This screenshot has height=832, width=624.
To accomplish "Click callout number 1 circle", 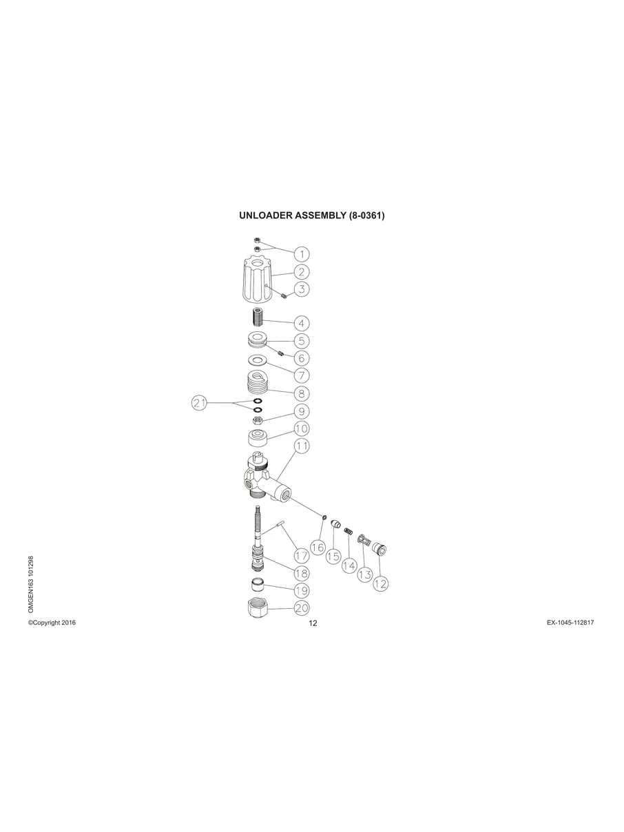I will tap(302, 253).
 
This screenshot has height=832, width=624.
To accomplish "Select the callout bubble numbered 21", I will tap(200, 404).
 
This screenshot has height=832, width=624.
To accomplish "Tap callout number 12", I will tap(380, 583).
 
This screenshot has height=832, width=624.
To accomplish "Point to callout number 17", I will tap(301, 555).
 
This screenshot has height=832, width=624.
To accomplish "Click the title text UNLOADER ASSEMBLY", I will tap(311, 215).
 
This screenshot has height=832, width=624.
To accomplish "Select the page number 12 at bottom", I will tap(313, 624).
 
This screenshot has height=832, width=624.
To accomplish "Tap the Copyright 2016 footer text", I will tap(52, 623).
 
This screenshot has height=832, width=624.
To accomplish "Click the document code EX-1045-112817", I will tap(570, 623).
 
